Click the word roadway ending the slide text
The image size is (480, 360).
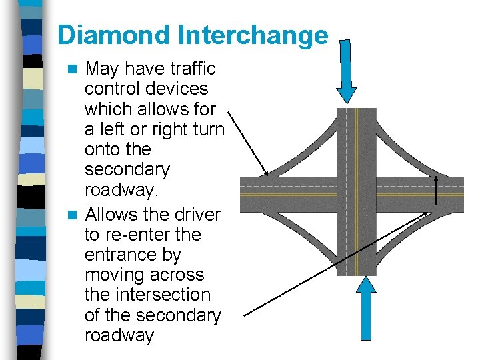tap(119, 335)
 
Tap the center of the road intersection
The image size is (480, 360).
tap(357, 193)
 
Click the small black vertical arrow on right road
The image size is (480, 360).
tap(436, 189)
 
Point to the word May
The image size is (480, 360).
tap(102, 69)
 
